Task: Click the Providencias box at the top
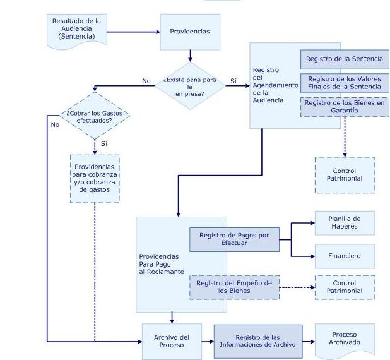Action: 189,32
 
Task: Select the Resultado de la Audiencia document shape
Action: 76,29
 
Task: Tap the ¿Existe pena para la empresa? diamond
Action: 189,85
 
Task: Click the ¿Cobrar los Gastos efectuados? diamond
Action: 95,116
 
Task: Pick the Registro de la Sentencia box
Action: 344,59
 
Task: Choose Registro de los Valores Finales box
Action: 344,83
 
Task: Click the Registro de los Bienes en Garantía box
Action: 344,106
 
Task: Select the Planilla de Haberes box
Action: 344,222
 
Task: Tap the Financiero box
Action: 344,256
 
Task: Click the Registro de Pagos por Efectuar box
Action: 234,239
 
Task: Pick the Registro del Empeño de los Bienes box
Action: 234,287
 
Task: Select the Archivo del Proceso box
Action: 172,341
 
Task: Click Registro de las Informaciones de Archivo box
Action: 257,341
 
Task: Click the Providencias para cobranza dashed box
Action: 95,178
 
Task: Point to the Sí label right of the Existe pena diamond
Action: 233,81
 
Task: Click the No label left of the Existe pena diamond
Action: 146,81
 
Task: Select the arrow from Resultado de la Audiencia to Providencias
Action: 132,32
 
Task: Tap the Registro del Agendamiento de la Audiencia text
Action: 266,85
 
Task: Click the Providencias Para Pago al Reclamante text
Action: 161,264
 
